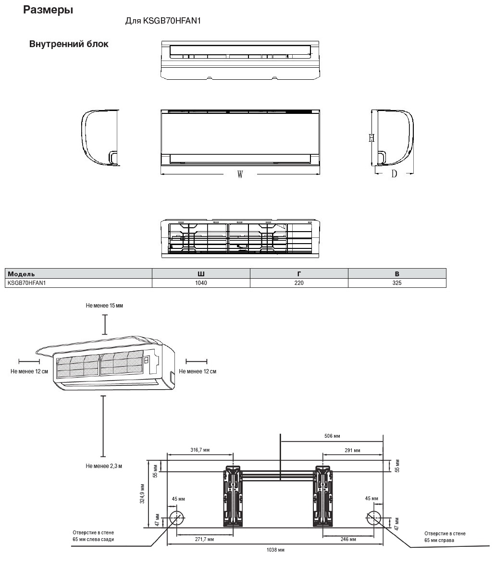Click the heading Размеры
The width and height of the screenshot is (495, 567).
pos(48,10)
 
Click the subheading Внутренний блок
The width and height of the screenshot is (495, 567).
pos(69,44)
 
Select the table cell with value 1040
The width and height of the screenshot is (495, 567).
pos(201,283)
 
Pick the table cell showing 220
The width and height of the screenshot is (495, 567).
pos(299,283)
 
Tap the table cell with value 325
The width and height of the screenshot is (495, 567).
pos(396,283)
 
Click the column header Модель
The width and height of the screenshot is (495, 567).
pos(22,273)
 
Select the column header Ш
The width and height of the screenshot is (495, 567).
pos(201,273)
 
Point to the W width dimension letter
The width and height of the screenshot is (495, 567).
pos(240,175)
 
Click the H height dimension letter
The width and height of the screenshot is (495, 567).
pos(371,138)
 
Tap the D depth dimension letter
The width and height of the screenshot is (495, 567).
pos(394,174)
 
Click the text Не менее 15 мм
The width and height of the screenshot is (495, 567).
pos(104,306)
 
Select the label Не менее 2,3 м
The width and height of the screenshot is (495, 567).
pos(104,466)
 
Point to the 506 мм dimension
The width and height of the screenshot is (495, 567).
pos(332,436)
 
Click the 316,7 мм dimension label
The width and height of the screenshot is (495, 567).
pos(200,450)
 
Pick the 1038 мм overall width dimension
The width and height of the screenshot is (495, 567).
pos(275,550)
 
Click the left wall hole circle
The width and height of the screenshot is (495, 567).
pos(177,518)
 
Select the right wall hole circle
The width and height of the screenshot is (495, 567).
pos(374,518)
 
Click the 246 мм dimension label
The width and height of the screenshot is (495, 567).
pos(348,540)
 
